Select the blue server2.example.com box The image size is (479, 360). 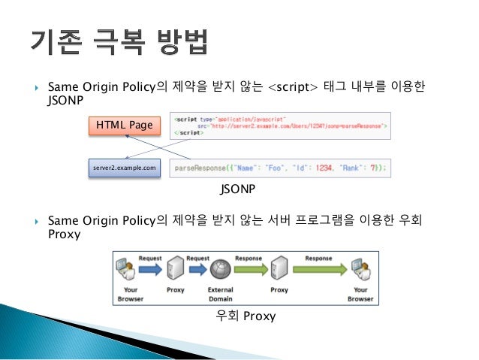pos(125,168)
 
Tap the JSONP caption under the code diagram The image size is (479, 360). pos(239,190)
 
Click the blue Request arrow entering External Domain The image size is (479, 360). pos(197,267)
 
